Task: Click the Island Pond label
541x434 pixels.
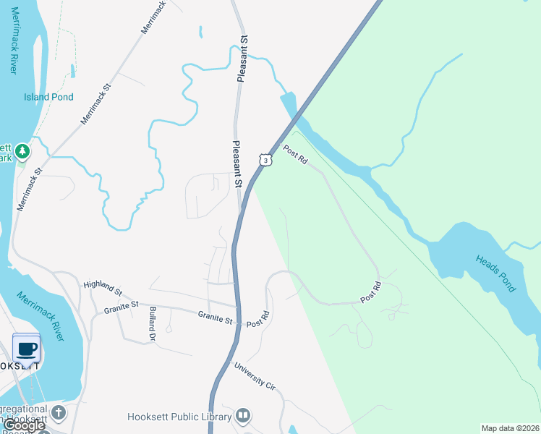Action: [x=48, y=97]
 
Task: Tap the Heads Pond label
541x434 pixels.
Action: [x=496, y=273]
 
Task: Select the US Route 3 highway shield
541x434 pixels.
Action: [x=266, y=160]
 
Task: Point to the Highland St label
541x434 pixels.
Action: [x=102, y=287]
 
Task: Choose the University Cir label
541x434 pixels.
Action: [x=255, y=375]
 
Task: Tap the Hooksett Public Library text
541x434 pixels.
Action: [x=179, y=417]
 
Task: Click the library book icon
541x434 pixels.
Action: [x=243, y=416]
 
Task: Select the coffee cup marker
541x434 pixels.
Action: [x=27, y=349]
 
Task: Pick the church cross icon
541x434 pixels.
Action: [x=58, y=413]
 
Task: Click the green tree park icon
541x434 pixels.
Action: [x=23, y=150]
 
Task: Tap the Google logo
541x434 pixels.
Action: [x=23, y=426]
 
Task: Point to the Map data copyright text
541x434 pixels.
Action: [x=509, y=428]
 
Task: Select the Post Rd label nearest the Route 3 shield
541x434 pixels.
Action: [x=296, y=156]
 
